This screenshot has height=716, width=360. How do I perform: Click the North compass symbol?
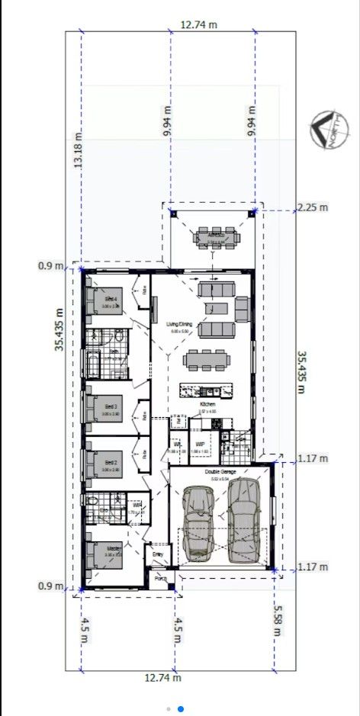tap(326, 129)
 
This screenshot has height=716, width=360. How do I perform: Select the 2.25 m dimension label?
tap(312, 207)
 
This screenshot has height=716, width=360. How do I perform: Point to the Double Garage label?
tap(220, 473)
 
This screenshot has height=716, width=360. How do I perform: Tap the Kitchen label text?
tap(207, 404)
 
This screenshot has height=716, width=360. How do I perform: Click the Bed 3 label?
tap(111, 407)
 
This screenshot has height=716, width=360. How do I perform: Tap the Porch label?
tap(160, 579)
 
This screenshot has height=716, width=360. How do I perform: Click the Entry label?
tap(158, 554)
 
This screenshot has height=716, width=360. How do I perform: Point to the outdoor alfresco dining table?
tap(216, 236)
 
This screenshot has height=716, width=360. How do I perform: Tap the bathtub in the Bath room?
tap(93, 365)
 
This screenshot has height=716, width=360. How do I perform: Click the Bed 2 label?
tap(111, 463)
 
